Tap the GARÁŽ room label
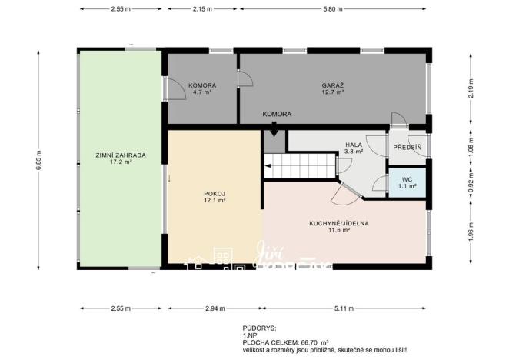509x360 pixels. coord(332,84)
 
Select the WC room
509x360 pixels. coord(408,182)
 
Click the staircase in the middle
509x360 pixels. coord(301,165)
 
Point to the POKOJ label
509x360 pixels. coord(214,193)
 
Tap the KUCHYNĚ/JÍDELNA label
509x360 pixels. coord(339,222)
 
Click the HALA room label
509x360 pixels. coord(354,145)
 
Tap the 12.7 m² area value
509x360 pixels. coord(332,92)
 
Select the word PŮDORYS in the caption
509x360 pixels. coord(258,327)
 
